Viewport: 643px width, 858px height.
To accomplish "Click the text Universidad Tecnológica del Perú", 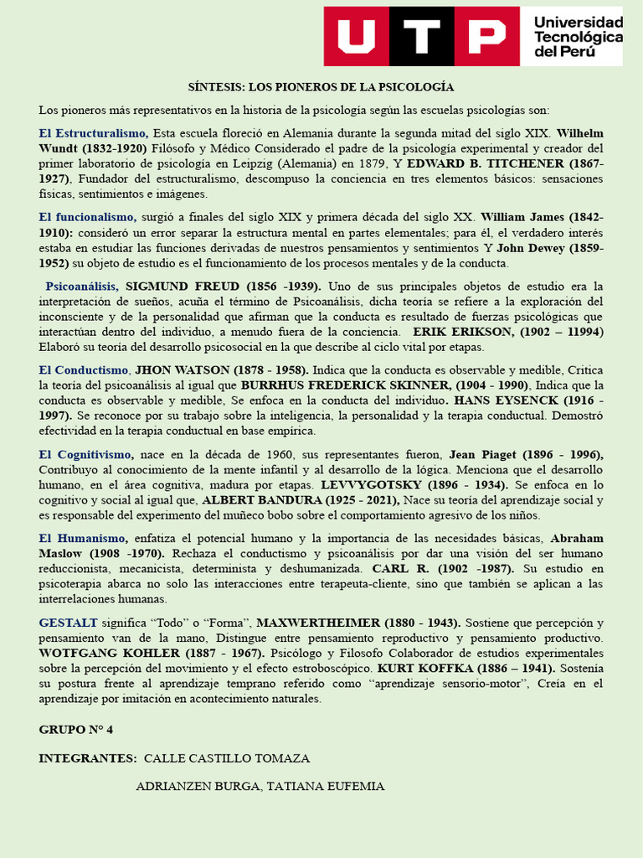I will pyautogui.click(x=578, y=37).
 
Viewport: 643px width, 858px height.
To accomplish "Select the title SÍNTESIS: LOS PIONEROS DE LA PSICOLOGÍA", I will pyautogui.click(x=321, y=87).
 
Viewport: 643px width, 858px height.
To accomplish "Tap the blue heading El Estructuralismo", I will pyautogui.click(x=94, y=133).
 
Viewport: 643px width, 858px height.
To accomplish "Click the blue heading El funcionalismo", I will pyautogui.click(x=87, y=217).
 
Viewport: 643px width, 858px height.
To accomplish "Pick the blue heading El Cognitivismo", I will pyautogui.click(x=86, y=454).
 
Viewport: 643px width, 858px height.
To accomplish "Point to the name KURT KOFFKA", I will pyautogui.click(x=421, y=669).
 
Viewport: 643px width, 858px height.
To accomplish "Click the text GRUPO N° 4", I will pyautogui.click(x=76, y=730).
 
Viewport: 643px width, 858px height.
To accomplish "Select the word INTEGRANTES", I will pyautogui.click(x=87, y=758).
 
